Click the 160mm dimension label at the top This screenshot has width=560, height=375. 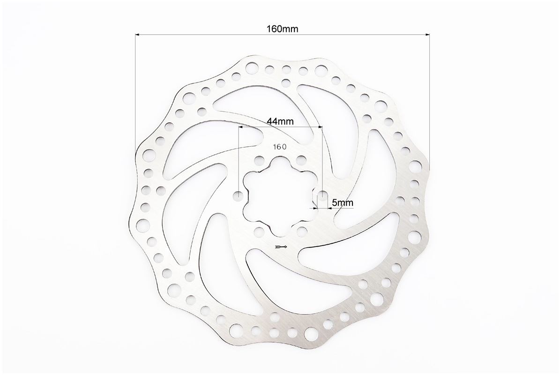click(x=282, y=29)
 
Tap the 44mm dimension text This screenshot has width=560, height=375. click(x=280, y=121)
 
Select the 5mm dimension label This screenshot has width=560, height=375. click(x=343, y=203)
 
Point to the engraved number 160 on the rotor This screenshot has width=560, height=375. click(x=280, y=146)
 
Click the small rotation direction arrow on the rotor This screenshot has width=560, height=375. click(x=282, y=247)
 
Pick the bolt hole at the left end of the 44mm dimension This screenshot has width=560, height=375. click(x=239, y=196)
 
